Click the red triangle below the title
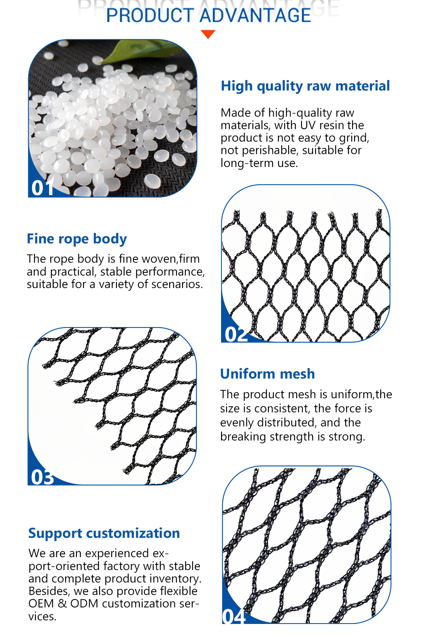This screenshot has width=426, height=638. click(x=208, y=34)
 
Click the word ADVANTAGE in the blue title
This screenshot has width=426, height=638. click(x=255, y=15)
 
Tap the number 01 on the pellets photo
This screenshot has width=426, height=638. click(x=43, y=188)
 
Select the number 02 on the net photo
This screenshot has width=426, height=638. click(x=236, y=334)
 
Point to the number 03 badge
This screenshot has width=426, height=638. click(x=42, y=477)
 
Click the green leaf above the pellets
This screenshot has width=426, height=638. click(x=139, y=51)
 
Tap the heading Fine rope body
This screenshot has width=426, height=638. click(x=77, y=239)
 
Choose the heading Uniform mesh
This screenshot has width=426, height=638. click(x=268, y=374)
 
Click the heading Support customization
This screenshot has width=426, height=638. click(x=104, y=533)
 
